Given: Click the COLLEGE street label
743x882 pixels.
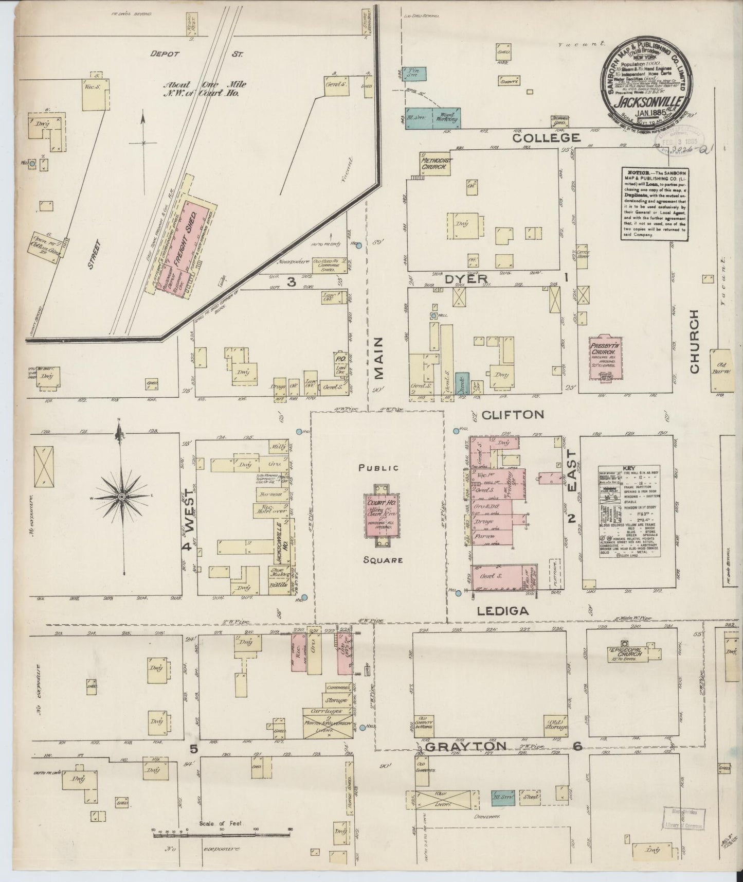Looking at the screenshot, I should (x=546, y=138).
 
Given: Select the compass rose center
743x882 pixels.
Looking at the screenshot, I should (x=121, y=496).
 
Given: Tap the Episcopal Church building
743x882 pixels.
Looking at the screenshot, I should (x=626, y=654).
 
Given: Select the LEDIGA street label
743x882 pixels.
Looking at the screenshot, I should (x=502, y=611).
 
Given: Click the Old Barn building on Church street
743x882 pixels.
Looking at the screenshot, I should (x=722, y=369).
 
